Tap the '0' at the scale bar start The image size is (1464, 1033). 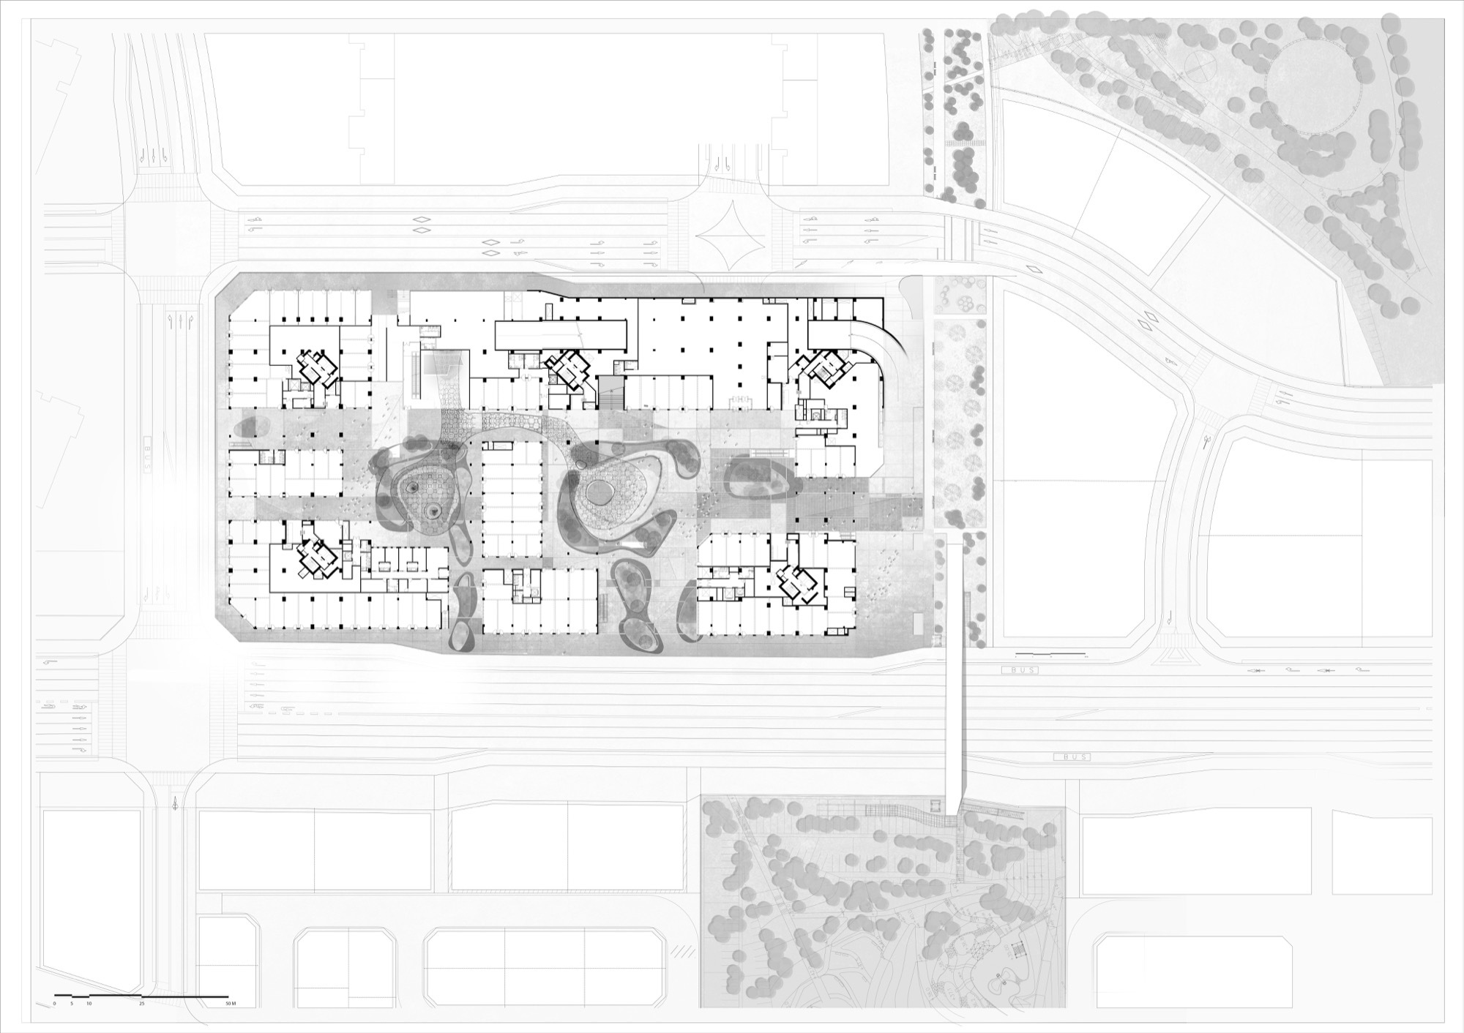click(55, 1003)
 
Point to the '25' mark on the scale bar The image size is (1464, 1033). click(142, 1003)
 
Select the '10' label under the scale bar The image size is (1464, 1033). click(89, 1003)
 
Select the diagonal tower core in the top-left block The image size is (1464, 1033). click(316, 367)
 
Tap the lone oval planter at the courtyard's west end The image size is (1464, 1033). click(249, 427)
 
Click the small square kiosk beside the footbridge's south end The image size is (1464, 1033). click(934, 805)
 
